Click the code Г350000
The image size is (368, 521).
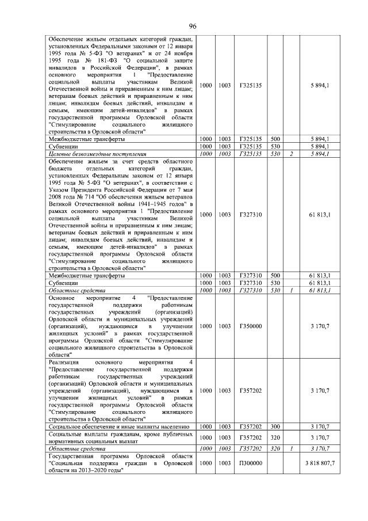coord(250,326)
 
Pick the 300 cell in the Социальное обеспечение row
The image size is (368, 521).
coord(275,427)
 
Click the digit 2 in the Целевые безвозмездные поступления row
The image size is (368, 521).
coord(292,154)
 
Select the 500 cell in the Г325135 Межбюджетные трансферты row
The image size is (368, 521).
coord(275,139)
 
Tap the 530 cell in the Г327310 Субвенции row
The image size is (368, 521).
coord(275,283)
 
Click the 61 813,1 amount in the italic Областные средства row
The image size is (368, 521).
coord(320,291)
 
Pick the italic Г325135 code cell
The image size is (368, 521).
coord(250,154)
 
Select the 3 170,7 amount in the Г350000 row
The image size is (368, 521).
coord(320,326)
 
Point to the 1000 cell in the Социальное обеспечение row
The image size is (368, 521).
coord(205,427)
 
